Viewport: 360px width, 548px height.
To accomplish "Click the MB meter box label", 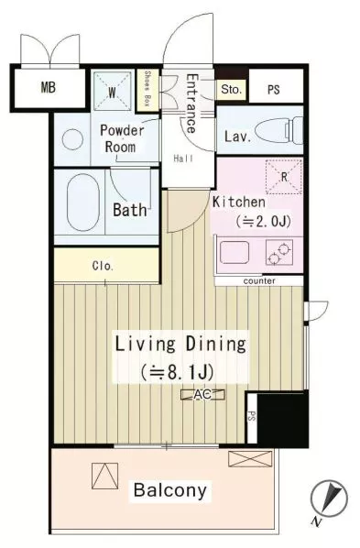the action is (49, 87).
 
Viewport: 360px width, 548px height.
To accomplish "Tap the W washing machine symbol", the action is (113, 92).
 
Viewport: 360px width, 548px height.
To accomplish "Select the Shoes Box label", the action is (147, 89).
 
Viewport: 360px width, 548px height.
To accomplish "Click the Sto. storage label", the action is (232, 89).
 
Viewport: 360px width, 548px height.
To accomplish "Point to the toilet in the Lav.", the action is (279, 131).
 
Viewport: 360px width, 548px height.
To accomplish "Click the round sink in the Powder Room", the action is (72, 140).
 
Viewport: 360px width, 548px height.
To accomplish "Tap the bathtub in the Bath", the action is (83, 203).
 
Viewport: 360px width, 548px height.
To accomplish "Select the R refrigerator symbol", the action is (284, 177).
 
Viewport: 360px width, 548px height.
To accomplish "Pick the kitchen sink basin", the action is (235, 252).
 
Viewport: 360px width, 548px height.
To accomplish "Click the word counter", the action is (259, 281).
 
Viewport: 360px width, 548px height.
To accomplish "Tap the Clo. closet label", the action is (103, 266).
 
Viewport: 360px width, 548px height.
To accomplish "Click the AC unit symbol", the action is (202, 395).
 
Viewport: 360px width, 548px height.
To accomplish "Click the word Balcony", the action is (170, 490).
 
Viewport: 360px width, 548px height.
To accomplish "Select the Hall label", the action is (183, 159).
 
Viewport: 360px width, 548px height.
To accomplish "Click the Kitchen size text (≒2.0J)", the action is (263, 221).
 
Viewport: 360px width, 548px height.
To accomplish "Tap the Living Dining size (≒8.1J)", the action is (177, 373).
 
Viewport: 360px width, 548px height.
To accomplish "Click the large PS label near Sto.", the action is (274, 90).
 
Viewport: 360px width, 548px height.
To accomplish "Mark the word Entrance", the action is (191, 104).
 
